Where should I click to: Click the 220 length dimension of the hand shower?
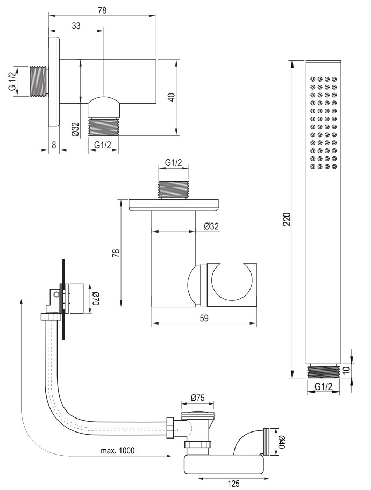pos(288,219)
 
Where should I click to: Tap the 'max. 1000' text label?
pos(118,450)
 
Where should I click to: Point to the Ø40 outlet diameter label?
pos(282,442)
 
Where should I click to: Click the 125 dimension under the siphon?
pos(234,484)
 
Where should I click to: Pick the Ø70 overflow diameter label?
pos(96,298)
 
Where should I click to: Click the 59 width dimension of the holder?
pos(204,318)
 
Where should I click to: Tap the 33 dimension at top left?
pos(76,26)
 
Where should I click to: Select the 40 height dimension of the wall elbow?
pos(172,97)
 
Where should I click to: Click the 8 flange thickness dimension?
pos(54,145)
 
